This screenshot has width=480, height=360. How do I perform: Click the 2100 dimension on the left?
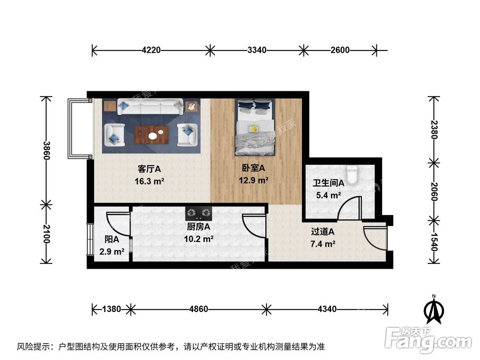tap(46, 234)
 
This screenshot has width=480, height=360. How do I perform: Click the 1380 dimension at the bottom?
tap(111, 309)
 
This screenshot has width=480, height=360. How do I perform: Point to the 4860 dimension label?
tap(198, 309)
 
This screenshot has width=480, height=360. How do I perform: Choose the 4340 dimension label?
tap(326, 309)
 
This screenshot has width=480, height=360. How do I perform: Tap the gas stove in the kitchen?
tap(199, 211)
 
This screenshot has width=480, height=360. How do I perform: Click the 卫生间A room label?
tap(329, 183)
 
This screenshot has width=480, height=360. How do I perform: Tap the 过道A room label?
tap(323, 232)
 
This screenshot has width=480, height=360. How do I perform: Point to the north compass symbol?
tap(433, 311)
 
